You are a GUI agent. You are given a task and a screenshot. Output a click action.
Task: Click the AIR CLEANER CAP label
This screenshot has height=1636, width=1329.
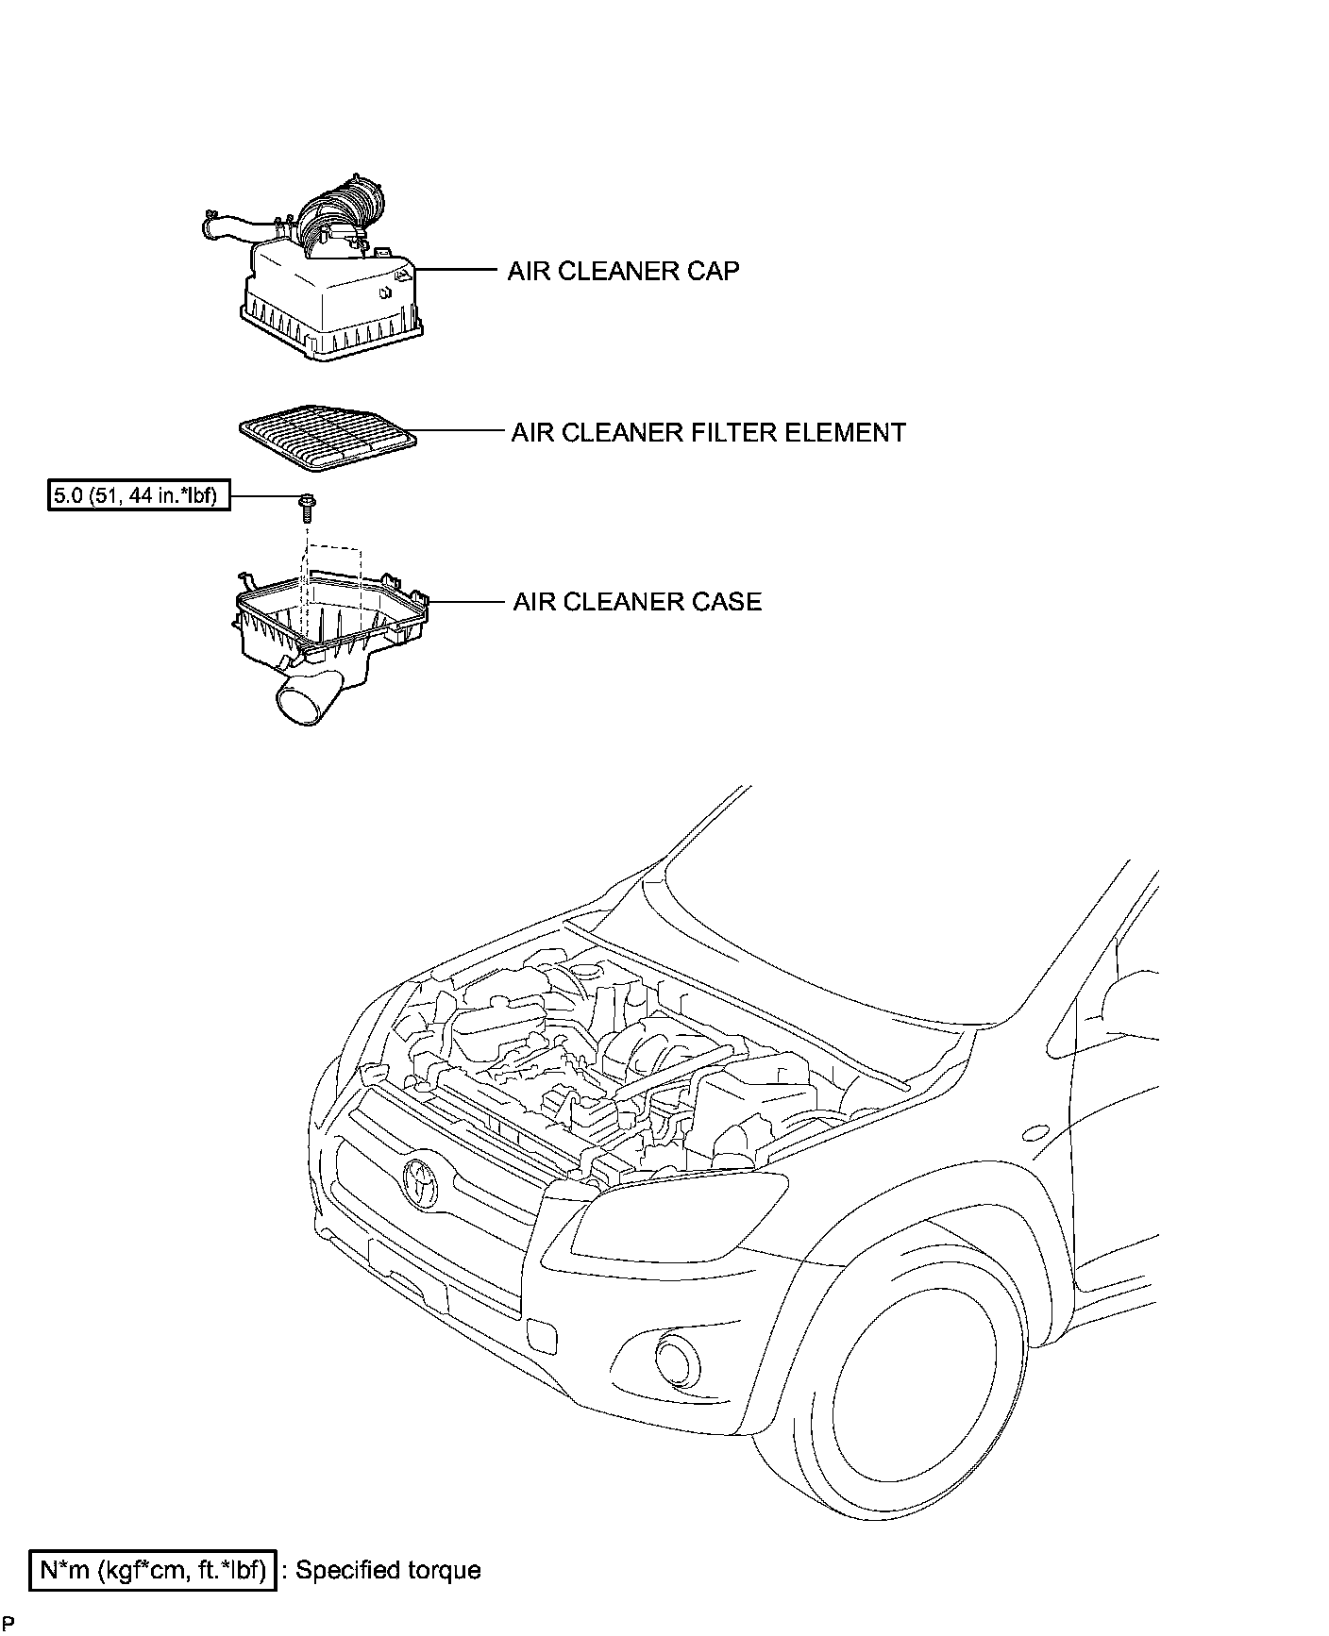tap(623, 271)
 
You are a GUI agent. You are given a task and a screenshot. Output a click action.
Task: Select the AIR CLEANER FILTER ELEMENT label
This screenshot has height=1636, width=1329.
tap(708, 432)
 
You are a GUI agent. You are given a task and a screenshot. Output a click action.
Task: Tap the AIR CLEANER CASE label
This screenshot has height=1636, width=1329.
tap(637, 602)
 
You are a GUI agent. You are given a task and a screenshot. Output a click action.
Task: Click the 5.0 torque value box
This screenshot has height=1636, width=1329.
tap(139, 494)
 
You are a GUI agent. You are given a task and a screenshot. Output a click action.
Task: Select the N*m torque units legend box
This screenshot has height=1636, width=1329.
tap(153, 1570)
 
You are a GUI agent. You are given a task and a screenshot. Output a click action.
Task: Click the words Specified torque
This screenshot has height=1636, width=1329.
tap(388, 1570)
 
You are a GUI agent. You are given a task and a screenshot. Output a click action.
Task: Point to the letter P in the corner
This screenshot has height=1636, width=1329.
tap(8, 1624)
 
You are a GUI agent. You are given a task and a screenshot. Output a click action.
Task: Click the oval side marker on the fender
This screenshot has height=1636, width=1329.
tap(1036, 1132)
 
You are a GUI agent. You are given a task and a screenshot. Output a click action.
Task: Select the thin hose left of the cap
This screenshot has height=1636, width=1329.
tap(231, 226)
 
